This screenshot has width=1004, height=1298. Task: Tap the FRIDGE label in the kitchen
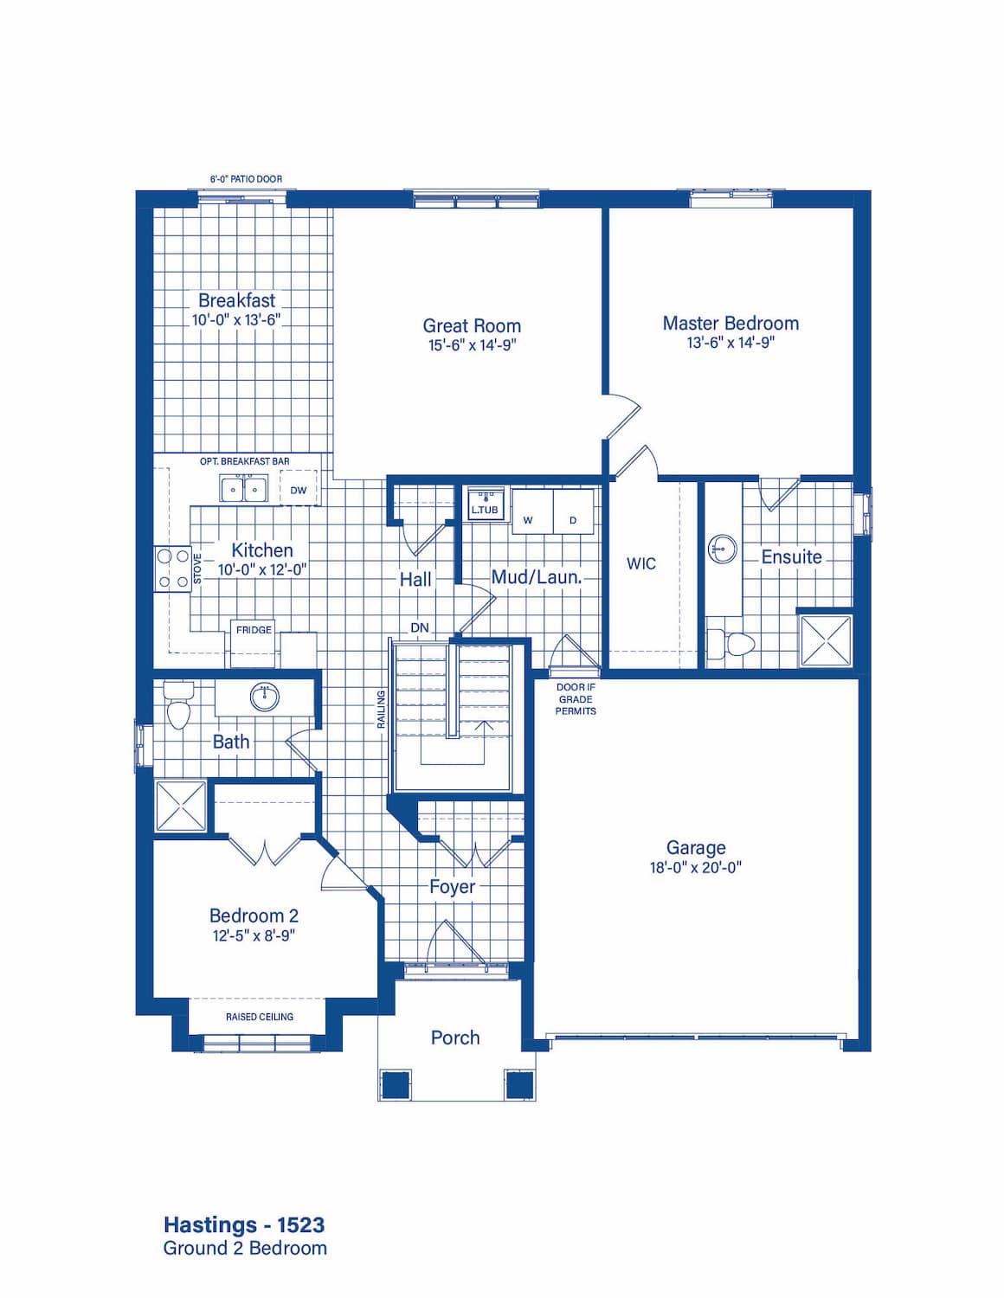tap(254, 630)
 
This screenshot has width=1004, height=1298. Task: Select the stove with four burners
tap(172, 568)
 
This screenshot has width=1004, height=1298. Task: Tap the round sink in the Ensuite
tap(722, 548)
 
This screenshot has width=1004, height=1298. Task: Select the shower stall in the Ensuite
tap(826, 640)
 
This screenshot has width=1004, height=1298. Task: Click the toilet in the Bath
tap(177, 705)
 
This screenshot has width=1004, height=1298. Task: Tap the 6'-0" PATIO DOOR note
tap(246, 178)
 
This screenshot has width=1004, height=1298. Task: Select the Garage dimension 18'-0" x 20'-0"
tap(696, 867)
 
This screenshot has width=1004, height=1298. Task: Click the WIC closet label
tap(640, 563)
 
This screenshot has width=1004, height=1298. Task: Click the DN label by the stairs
tap(419, 627)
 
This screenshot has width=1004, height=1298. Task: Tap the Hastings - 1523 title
tap(244, 1225)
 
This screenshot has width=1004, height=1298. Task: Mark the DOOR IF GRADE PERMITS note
tap(576, 699)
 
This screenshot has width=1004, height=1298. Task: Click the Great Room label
tap(472, 325)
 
